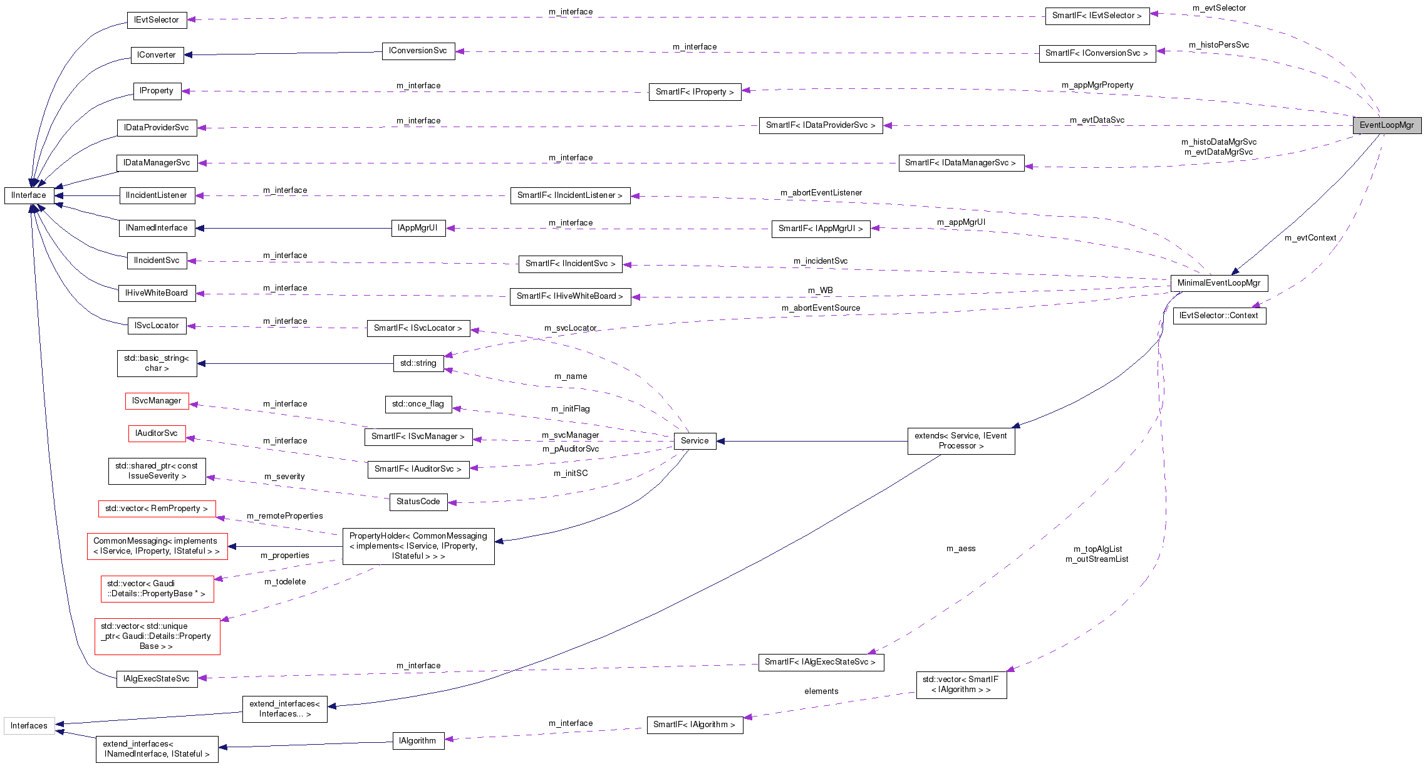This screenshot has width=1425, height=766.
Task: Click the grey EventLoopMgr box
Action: click(x=1387, y=125)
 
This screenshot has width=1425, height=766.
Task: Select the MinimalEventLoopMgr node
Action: click(x=1219, y=283)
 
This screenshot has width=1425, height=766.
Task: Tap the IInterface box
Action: click(x=29, y=195)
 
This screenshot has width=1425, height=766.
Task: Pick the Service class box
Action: click(x=695, y=441)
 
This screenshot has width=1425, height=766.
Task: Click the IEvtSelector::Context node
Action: click(x=1219, y=316)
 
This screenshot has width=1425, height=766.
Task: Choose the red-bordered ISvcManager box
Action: click(x=157, y=401)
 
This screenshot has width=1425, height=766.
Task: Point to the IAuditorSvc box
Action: click(x=157, y=433)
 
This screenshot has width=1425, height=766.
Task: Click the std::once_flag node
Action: click(x=418, y=404)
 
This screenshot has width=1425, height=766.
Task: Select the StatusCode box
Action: click(x=418, y=502)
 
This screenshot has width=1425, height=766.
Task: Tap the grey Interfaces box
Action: click(x=29, y=726)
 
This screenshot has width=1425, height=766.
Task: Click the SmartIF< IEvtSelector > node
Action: click(x=1097, y=16)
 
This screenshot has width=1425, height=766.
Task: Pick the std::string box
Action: click(x=418, y=363)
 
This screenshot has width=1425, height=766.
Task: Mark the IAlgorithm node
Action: click(x=418, y=741)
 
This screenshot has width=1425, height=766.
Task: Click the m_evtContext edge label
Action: click(x=1310, y=238)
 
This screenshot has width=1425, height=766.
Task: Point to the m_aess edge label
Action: click(x=961, y=549)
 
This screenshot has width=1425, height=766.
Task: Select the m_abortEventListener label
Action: click(x=821, y=193)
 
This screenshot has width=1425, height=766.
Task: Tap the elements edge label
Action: click(x=821, y=691)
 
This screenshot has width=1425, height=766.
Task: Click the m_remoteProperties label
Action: click(x=285, y=516)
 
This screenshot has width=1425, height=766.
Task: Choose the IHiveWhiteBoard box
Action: click(x=157, y=293)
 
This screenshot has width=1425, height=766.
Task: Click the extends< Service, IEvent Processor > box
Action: click(x=961, y=441)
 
